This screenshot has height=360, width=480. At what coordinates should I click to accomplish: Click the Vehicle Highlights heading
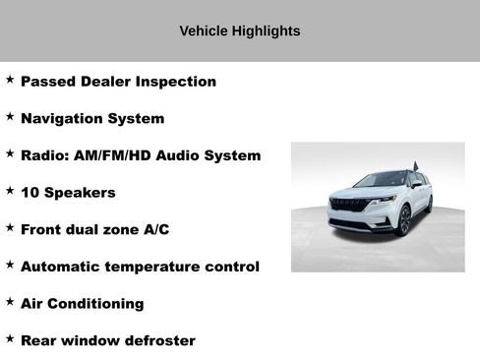(239, 30)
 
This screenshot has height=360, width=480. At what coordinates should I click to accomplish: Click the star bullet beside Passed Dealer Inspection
(10, 80)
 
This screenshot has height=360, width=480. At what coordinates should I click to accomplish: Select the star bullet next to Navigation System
(10, 116)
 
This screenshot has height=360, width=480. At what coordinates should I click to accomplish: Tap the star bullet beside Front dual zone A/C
(10, 228)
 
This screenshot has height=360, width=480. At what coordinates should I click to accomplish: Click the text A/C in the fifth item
(156, 229)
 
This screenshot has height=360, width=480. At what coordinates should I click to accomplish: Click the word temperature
(153, 267)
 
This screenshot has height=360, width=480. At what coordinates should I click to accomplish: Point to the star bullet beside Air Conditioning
(10, 302)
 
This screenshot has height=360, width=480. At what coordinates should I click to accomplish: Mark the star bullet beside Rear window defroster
(10, 338)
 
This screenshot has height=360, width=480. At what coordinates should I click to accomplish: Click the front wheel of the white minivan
(404, 219)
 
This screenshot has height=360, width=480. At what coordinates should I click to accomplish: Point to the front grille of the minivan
(348, 206)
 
